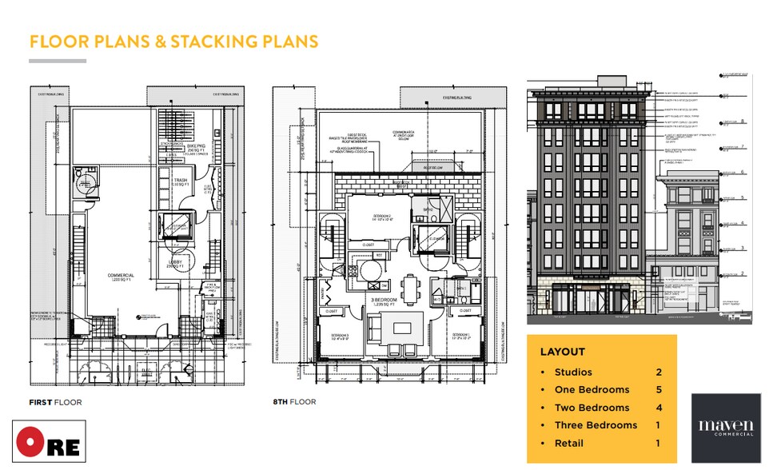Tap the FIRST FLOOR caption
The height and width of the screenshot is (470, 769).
point(55,401)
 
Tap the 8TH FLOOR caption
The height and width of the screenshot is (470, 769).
point(294,401)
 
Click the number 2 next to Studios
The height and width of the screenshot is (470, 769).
point(659,372)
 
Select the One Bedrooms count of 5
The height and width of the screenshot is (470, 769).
point(659,389)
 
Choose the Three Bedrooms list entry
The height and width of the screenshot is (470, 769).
point(596,425)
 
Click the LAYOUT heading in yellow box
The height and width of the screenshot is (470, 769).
point(562,352)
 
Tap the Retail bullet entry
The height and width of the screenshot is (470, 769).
point(568,443)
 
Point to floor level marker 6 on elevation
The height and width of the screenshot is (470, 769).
point(743,172)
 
